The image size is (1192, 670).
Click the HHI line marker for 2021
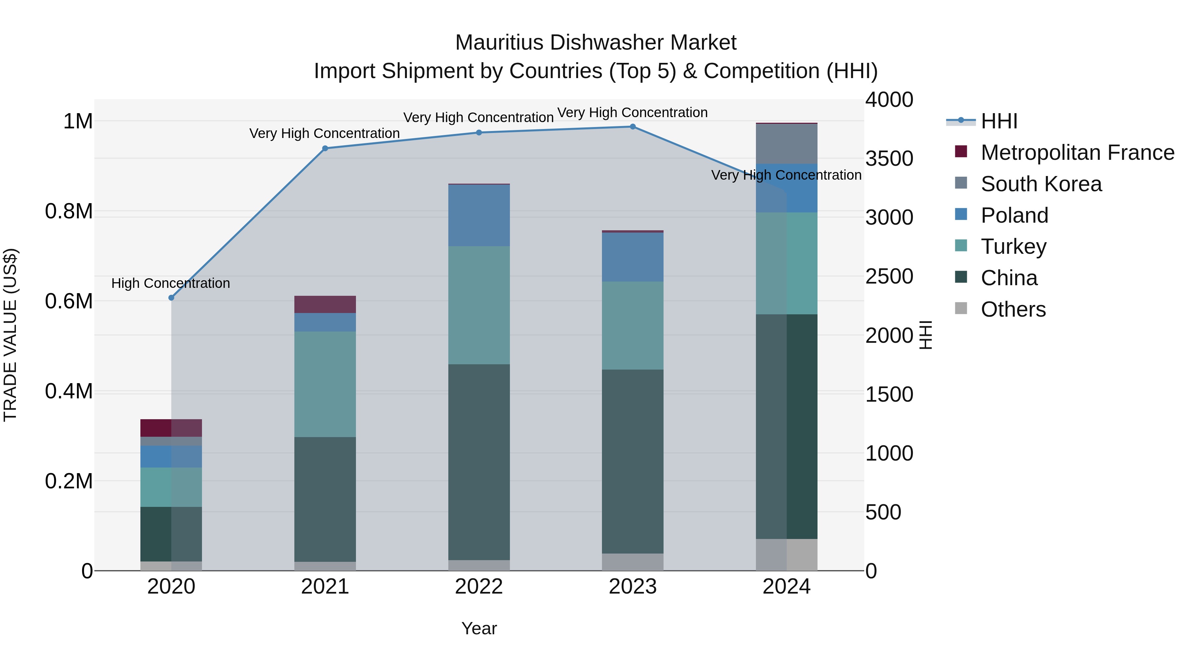pyautogui.click(x=325, y=149)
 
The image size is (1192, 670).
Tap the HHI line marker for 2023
pyautogui.click(x=632, y=127)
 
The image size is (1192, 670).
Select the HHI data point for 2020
pyautogui.click(x=171, y=298)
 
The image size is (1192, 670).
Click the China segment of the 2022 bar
pyautogui.click(x=479, y=463)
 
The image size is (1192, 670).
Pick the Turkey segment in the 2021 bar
pyautogui.click(x=325, y=384)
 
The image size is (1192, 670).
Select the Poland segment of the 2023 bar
pyautogui.click(x=632, y=257)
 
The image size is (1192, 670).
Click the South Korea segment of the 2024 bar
pyautogui.click(x=787, y=144)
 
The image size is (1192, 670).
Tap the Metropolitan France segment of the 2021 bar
pyautogui.click(x=325, y=304)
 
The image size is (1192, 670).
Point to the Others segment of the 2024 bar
pyautogui.click(x=787, y=555)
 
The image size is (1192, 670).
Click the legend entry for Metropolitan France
pyautogui.click(x=1077, y=153)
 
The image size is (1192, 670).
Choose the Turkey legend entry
pyautogui.click(x=1014, y=246)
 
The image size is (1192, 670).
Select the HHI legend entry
pyautogui.click(x=999, y=121)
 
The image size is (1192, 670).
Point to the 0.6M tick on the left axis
pyautogui.click(x=69, y=301)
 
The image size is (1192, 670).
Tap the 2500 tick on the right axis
pyautogui.click(x=889, y=277)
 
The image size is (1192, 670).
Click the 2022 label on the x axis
pyautogui.click(x=479, y=587)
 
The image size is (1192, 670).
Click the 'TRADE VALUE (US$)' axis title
pyautogui.click(x=10, y=335)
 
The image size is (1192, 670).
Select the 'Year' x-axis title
pyautogui.click(x=479, y=628)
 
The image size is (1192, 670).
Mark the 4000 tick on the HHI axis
pyautogui.click(x=889, y=100)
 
